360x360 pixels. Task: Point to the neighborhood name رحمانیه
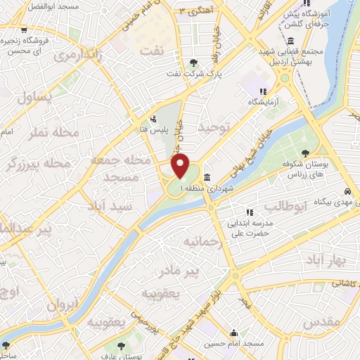pyautogui.click(x=202, y=243)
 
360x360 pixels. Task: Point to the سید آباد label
pyautogui.click(x=110, y=207)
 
